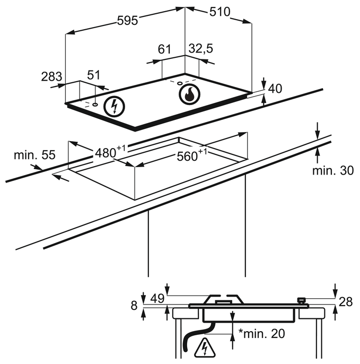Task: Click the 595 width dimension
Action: click(x=128, y=20)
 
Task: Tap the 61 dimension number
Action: click(x=164, y=50)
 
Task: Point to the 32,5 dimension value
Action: click(x=200, y=49)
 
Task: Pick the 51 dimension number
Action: click(x=93, y=76)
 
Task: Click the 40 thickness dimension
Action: click(x=275, y=89)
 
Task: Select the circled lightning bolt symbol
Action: click(x=114, y=107)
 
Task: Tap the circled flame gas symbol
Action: click(x=189, y=94)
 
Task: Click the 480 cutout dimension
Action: click(x=108, y=152)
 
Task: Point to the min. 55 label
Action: click(x=34, y=155)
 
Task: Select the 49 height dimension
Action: click(x=157, y=299)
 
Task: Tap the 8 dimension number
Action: click(x=134, y=305)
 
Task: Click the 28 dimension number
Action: click(x=346, y=302)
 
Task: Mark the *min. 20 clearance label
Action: click(x=262, y=334)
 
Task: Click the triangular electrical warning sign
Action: click(x=204, y=348)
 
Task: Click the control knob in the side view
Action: click(x=302, y=301)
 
